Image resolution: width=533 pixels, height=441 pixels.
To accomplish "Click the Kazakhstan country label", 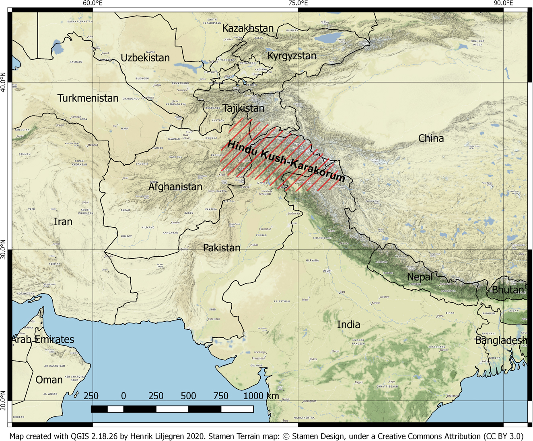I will (x=248, y=29).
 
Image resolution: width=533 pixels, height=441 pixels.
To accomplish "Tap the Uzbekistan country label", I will (x=145, y=58).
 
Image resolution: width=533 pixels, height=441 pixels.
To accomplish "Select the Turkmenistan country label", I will (x=88, y=98).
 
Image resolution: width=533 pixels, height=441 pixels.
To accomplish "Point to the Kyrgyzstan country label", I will (x=292, y=56).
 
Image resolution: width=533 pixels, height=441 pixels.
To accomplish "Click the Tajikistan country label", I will (x=243, y=108).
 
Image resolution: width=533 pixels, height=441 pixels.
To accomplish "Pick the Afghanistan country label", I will (x=175, y=187).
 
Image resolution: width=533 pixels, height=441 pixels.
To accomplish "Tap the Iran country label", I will (x=63, y=222).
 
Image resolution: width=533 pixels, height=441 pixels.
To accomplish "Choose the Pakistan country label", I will (x=222, y=248).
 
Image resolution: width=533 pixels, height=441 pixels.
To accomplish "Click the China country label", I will (x=431, y=139).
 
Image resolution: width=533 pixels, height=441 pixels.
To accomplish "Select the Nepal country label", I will (x=420, y=277).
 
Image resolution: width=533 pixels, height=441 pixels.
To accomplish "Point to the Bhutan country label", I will (x=508, y=290).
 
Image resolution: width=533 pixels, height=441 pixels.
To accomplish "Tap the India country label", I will (x=348, y=325).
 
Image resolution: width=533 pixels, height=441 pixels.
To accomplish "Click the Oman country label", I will (x=49, y=380).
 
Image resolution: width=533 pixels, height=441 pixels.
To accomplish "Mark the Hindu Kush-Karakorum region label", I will (x=286, y=161).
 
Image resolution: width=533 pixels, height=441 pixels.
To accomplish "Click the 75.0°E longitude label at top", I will (x=298, y=4).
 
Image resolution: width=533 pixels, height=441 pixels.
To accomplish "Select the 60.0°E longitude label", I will (x=93, y=4).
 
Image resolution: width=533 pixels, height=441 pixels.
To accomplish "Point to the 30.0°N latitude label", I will (x=4, y=249).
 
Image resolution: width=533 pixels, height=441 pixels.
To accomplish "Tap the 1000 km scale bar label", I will (x=261, y=396).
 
